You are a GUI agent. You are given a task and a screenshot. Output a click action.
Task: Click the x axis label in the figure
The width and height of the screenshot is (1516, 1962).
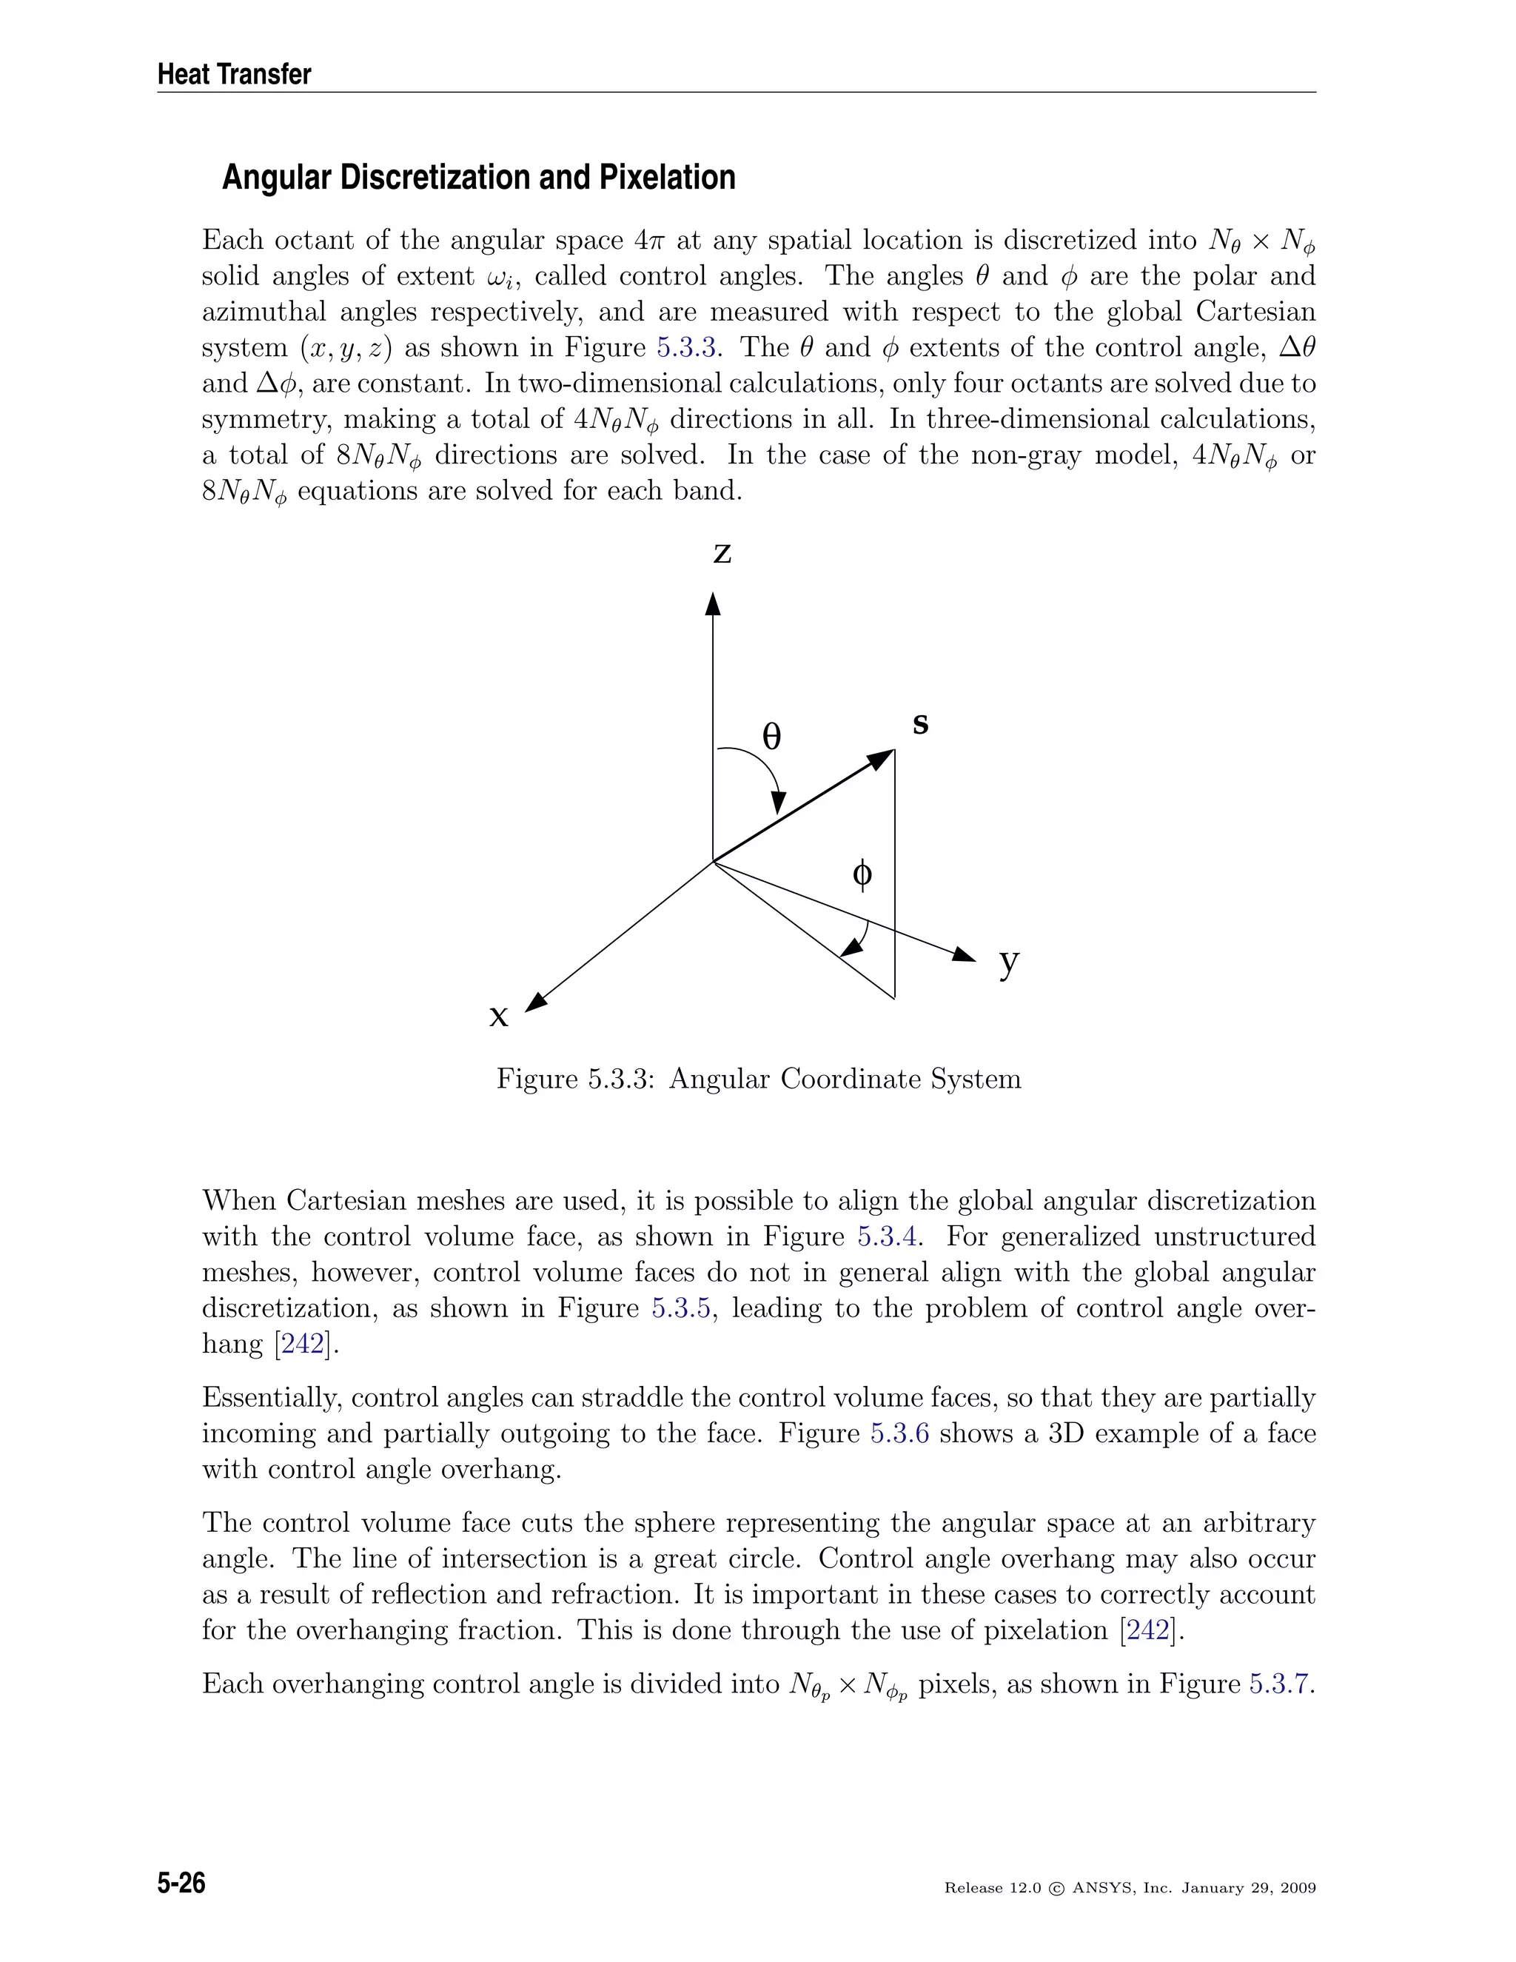pyautogui.click(x=498, y=1016)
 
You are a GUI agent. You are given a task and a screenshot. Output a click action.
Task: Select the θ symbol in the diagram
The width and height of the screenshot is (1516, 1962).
pyautogui.click(x=771, y=737)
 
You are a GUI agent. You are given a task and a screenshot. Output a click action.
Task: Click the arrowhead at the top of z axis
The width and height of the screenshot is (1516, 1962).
pyautogui.click(x=713, y=603)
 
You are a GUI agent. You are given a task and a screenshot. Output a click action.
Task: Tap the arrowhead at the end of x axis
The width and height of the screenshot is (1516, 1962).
pyautogui.click(x=535, y=1002)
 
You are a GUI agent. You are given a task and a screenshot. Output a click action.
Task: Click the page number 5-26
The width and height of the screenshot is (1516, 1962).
pyautogui.click(x=181, y=1882)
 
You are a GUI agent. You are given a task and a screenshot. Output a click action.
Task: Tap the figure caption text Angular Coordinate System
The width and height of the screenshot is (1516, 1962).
pyautogui.click(x=844, y=1078)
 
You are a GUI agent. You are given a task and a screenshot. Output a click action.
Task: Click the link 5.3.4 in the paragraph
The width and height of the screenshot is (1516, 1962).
pyautogui.click(x=888, y=1236)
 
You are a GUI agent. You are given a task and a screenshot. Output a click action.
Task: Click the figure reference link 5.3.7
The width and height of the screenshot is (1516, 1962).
pyautogui.click(x=1280, y=1684)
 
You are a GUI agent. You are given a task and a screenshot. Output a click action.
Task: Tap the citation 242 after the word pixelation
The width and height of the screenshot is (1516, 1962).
pyautogui.click(x=1153, y=1630)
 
